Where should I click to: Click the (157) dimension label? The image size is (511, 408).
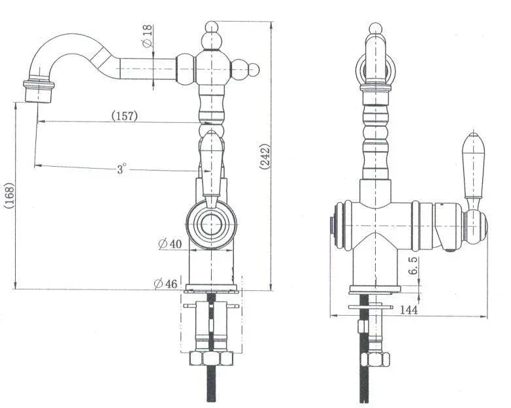coord(124,116)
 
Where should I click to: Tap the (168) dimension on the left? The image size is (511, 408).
coord(8,194)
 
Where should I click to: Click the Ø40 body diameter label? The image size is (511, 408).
coord(169,244)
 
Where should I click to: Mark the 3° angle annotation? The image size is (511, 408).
coord(122,169)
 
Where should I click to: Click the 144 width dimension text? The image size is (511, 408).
coord(408,309)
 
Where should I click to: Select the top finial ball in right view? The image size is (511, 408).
coord(374,28)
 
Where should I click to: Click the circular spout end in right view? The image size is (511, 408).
coord(374,67)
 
